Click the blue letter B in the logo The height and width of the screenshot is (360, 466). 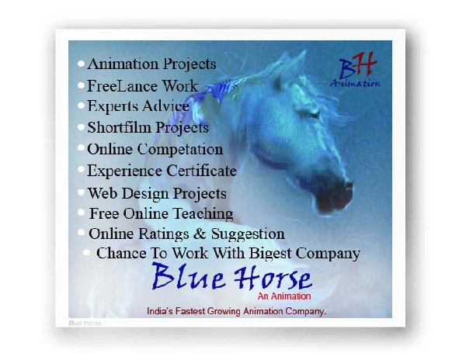click(348, 69)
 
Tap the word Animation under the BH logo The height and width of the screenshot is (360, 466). click(355, 83)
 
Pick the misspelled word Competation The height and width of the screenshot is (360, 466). click(180, 149)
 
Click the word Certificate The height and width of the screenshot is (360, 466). click(201, 171)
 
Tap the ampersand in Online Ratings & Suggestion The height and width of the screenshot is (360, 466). click(200, 234)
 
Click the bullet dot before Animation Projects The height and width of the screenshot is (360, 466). click(81, 64)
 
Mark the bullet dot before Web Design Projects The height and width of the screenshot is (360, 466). click(81, 192)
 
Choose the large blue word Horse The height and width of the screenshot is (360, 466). click(273, 278)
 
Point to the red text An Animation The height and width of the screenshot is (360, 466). click(284, 296)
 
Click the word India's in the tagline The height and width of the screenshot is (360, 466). click(160, 311)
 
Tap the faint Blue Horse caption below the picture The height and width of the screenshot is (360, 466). click(85, 323)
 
